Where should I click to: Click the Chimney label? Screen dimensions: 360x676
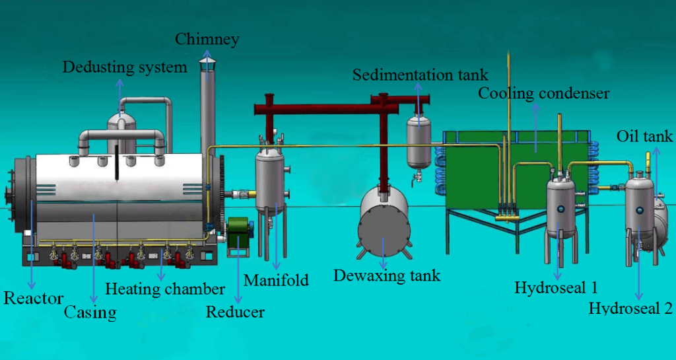click(207, 40)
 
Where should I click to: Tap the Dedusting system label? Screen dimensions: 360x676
click(125, 67)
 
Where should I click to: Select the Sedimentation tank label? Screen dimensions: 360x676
click(420, 74)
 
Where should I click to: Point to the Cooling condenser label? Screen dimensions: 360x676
click(543, 93)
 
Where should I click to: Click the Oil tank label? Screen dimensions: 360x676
click(644, 137)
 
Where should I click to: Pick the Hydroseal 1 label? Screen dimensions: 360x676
click(556, 288)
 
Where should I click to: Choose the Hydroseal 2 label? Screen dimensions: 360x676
click(630, 308)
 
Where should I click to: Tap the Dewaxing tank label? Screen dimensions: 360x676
click(386, 275)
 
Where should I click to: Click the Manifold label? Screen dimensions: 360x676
click(276, 280)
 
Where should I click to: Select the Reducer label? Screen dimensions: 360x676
click(235, 311)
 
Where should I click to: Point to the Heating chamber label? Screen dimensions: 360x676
click(165, 289)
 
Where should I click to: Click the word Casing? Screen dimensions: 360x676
click(90, 312)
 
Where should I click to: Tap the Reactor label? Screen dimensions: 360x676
click(34, 298)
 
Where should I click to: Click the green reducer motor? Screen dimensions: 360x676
click(238, 234)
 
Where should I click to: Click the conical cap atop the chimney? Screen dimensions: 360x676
click(207, 63)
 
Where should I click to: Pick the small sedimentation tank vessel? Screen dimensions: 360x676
click(417, 142)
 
